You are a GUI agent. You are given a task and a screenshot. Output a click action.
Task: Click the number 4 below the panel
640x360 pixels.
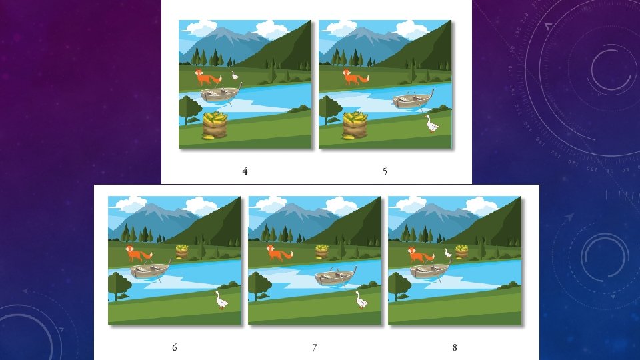coord(245,171)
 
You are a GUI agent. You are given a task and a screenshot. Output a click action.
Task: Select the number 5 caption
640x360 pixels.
coord(385,171)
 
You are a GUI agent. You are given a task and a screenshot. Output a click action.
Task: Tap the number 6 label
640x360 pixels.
coord(174,347)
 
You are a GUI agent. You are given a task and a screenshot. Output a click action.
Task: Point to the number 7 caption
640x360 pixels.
coord(314,347)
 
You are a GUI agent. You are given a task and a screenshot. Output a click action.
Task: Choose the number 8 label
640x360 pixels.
coord(454,347)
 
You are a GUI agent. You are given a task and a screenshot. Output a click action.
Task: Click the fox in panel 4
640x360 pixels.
coord(207,77)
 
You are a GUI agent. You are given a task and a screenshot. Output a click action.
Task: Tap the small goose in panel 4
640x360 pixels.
coord(235,75)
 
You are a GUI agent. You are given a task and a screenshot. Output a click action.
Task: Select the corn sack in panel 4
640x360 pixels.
coord(215,126)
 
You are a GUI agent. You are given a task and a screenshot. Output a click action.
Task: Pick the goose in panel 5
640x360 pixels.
coord(431,124)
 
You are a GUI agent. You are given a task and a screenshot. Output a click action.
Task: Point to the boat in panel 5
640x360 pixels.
coord(413,99)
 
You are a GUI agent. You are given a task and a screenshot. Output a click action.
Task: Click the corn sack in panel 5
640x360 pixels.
coord(355,126)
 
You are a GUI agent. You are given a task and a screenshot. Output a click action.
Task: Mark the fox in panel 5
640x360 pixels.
coord(355,77)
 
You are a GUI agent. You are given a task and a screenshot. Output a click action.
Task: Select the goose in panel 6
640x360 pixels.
coord(221,301)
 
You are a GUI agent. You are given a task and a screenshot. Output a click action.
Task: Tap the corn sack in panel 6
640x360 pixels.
coord(182,251)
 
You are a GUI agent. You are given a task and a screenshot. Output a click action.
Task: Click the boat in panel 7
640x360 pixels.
coord(335,277)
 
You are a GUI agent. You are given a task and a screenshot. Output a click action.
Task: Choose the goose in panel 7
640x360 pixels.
coord(361,300)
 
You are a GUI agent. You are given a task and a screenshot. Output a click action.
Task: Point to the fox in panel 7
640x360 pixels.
coord(279,253)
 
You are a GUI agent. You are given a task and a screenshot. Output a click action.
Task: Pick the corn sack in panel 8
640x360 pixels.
coord(461,251)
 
